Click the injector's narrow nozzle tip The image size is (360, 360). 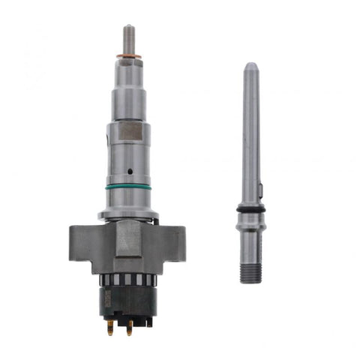click(129, 36)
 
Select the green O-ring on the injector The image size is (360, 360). click(128, 187)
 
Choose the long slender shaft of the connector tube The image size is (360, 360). click(250, 135)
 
